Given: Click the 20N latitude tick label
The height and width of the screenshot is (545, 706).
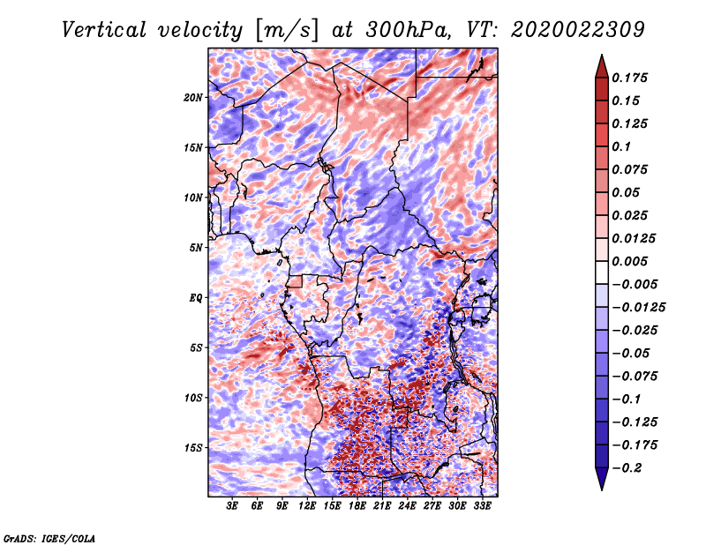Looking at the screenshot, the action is tap(193, 97).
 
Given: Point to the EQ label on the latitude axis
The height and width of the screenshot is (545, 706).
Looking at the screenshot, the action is tap(196, 297).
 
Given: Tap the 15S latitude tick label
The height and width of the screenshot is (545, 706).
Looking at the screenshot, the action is tap(193, 448).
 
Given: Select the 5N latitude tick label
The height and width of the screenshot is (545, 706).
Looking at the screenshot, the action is tap(196, 248).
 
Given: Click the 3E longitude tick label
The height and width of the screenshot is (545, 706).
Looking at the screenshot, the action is tap(232, 505).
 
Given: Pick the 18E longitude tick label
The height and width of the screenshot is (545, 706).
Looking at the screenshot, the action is tap(357, 505).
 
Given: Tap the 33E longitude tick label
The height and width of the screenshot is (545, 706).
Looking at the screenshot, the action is tap(482, 505).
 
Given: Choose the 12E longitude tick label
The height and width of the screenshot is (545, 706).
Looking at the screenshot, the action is tap(307, 505).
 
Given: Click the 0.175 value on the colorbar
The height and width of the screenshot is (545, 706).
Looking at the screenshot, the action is tap(629, 78).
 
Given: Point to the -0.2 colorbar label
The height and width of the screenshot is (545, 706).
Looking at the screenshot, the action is tap(627, 468).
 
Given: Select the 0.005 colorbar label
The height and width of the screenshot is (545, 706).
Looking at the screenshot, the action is tap(629, 261).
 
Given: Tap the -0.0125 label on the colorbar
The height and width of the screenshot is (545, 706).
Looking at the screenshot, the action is tap(638, 308).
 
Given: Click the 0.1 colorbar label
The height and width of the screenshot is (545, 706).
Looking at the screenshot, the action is tap(621, 146).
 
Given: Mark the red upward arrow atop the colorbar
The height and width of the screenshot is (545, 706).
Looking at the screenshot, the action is tap(602, 66).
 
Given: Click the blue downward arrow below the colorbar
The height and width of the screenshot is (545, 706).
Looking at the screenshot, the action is tap(602, 479).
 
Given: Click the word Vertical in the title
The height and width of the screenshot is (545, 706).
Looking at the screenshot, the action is tap(103, 30).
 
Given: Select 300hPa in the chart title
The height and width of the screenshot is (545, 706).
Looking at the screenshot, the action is tap(409, 30).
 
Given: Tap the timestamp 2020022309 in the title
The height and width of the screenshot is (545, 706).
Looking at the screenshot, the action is tap(578, 30).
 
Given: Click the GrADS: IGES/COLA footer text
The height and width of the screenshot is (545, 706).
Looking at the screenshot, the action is tap(49, 538).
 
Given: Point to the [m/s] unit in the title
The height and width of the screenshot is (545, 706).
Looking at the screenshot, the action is tap(287, 30).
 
